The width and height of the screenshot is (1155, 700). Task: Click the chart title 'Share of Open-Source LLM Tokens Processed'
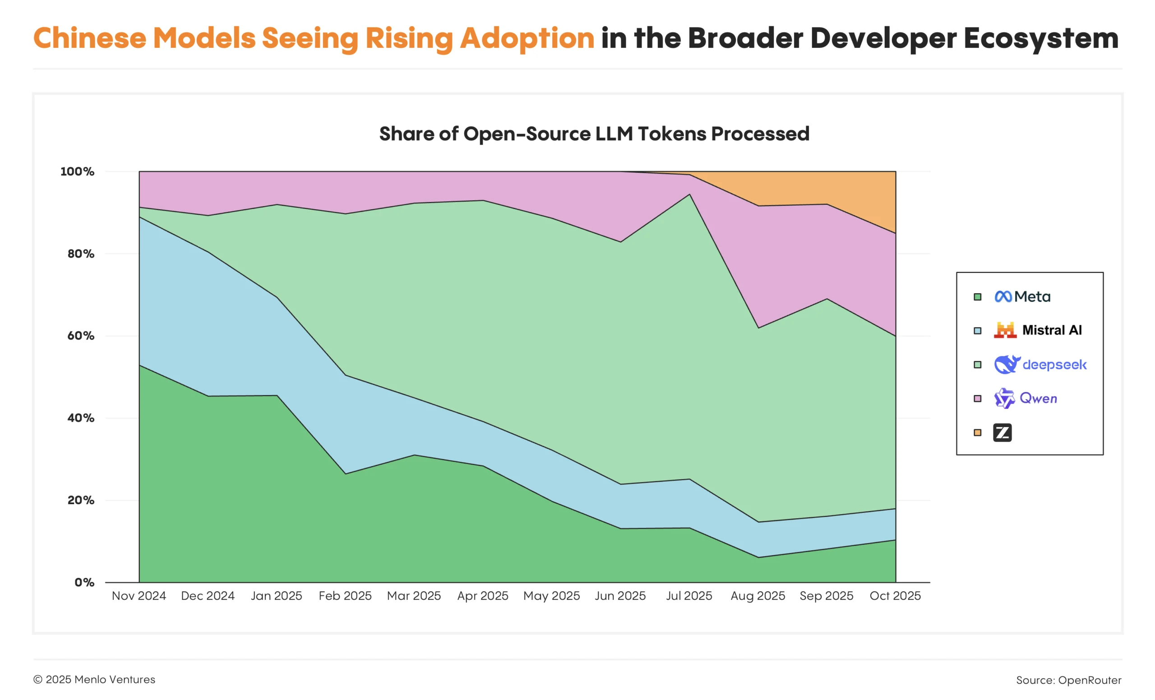[594, 134]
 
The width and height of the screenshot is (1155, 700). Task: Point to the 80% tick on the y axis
[81, 254]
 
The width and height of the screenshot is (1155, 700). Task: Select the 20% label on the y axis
[81, 500]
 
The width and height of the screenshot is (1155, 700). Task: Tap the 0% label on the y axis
[84, 582]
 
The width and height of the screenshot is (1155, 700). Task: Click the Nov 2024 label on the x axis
[139, 596]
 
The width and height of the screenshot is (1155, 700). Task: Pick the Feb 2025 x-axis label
[345, 596]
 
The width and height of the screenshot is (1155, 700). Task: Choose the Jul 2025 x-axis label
[689, 596]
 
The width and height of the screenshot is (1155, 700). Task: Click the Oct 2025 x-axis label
[895, 596]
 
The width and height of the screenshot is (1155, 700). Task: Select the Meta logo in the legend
[1003, 297]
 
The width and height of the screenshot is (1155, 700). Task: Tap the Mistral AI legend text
[1051, 330]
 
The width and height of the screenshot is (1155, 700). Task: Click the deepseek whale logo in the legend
[1007, 364]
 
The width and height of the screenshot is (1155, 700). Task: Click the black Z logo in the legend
[1002, 433]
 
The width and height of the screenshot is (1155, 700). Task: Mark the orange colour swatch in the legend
[977, 433]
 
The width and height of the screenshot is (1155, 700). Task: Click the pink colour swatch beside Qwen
[977, 399]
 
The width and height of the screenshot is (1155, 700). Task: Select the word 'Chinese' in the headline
[89, 38]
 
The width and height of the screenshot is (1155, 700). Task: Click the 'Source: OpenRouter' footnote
[1068, 680]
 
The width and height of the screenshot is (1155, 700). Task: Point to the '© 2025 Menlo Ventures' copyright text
[94, 679]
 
